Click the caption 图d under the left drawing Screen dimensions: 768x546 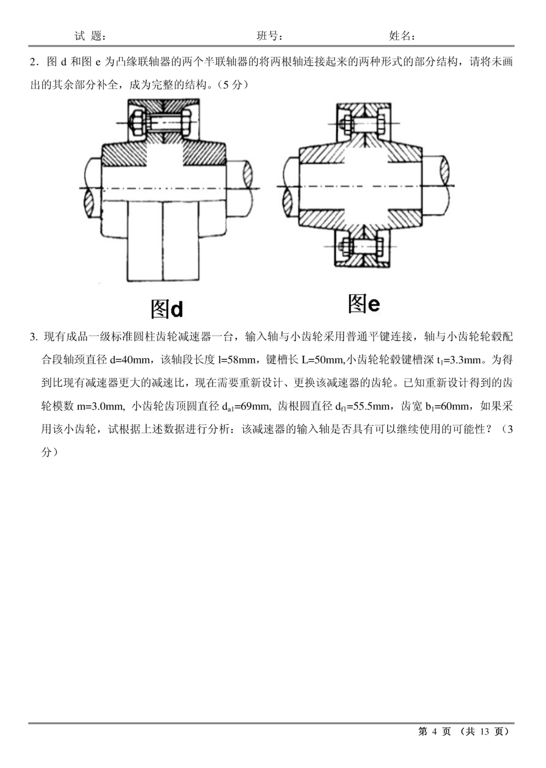coord(167,309)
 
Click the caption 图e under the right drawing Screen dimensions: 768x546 coord(364,304)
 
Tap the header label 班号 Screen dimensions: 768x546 coord(269,36)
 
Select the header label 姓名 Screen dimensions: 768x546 coord(402,36)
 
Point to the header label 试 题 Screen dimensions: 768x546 coord(90,36)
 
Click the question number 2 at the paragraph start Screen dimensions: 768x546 coord(33,62)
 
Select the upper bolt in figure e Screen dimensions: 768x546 coord(364,124)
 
